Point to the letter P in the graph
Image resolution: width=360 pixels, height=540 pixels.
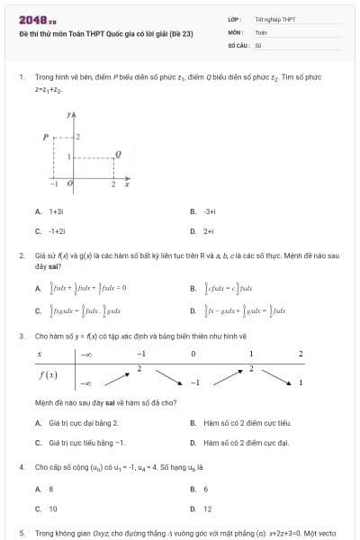pyautogui.click(x=44, y=137)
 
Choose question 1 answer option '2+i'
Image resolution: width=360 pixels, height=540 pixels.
pyautogui.click(x=208, y=230)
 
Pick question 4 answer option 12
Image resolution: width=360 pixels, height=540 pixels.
pyautogui.click(x=207, y=508)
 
